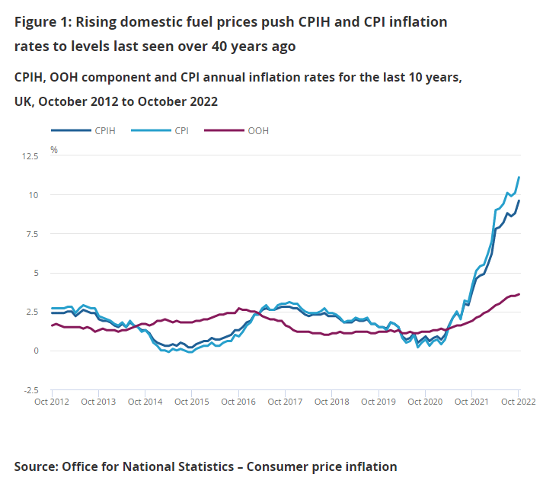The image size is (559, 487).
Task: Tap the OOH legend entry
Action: click(257, 130)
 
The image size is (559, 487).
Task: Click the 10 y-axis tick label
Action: click(34, 195)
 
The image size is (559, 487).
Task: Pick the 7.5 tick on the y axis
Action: click(31, 234)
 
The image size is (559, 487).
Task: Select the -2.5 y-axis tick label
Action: click(30, 389)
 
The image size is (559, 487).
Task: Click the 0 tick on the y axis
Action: click(36, 351)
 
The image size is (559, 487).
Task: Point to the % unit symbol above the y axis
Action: click(54, 149)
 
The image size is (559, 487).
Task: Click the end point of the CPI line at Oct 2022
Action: click(519, 178)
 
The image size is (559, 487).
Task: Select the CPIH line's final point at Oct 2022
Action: click(519, 201)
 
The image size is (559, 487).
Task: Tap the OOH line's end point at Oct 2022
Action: click(519, 294)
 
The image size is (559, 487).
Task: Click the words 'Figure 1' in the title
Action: click(41, 22)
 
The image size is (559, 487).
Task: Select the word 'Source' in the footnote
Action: click(36, 466)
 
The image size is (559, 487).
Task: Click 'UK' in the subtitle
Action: click(23, 101)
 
